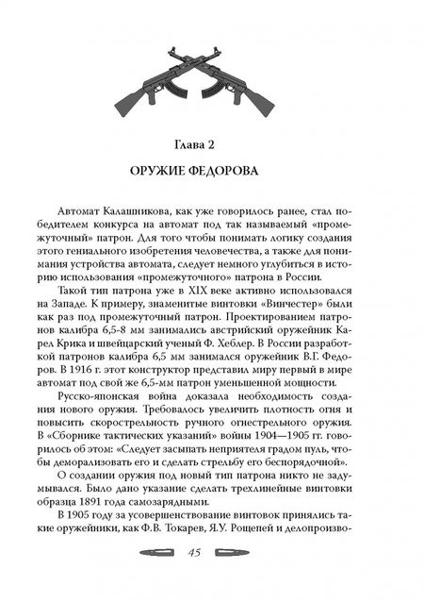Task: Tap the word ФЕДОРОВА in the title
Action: (247, 176)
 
